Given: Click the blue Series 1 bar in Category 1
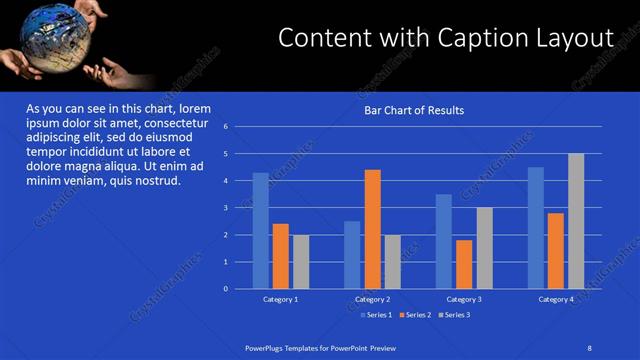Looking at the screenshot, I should (x=260, y=231).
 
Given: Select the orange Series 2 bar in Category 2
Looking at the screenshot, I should (x=372, y=229).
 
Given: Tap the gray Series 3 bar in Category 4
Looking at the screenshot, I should (x=576, y=221).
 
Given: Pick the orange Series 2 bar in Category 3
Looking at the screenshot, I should (x=464, y=264).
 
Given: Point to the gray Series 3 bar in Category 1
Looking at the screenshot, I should (x=301, y=262).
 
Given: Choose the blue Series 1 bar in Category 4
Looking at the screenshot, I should (x=536, y=228).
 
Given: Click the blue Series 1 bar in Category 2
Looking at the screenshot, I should (x=352, y=255).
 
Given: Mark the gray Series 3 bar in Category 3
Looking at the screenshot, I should (x=484, y=248).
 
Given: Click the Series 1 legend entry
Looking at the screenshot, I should (x=376, y=315).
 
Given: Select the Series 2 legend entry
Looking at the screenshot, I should (x=414, y=315).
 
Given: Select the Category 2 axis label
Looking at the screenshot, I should (x=372, y=299).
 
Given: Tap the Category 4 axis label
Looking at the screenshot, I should (x=556, y=299).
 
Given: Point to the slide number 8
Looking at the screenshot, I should (x=589, y=347).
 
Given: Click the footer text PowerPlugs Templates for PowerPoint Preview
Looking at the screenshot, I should (x=321, y=347).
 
